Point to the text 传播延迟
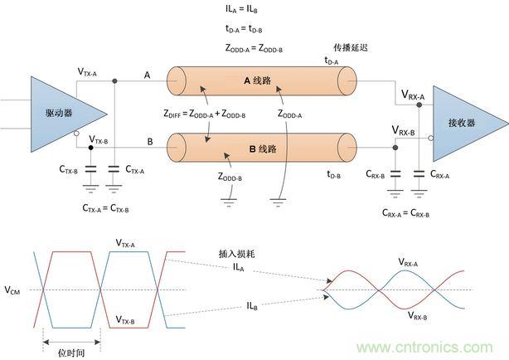351,46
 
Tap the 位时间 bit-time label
73,351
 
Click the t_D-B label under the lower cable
334,173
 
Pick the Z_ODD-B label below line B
230,176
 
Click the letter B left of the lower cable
150,142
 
